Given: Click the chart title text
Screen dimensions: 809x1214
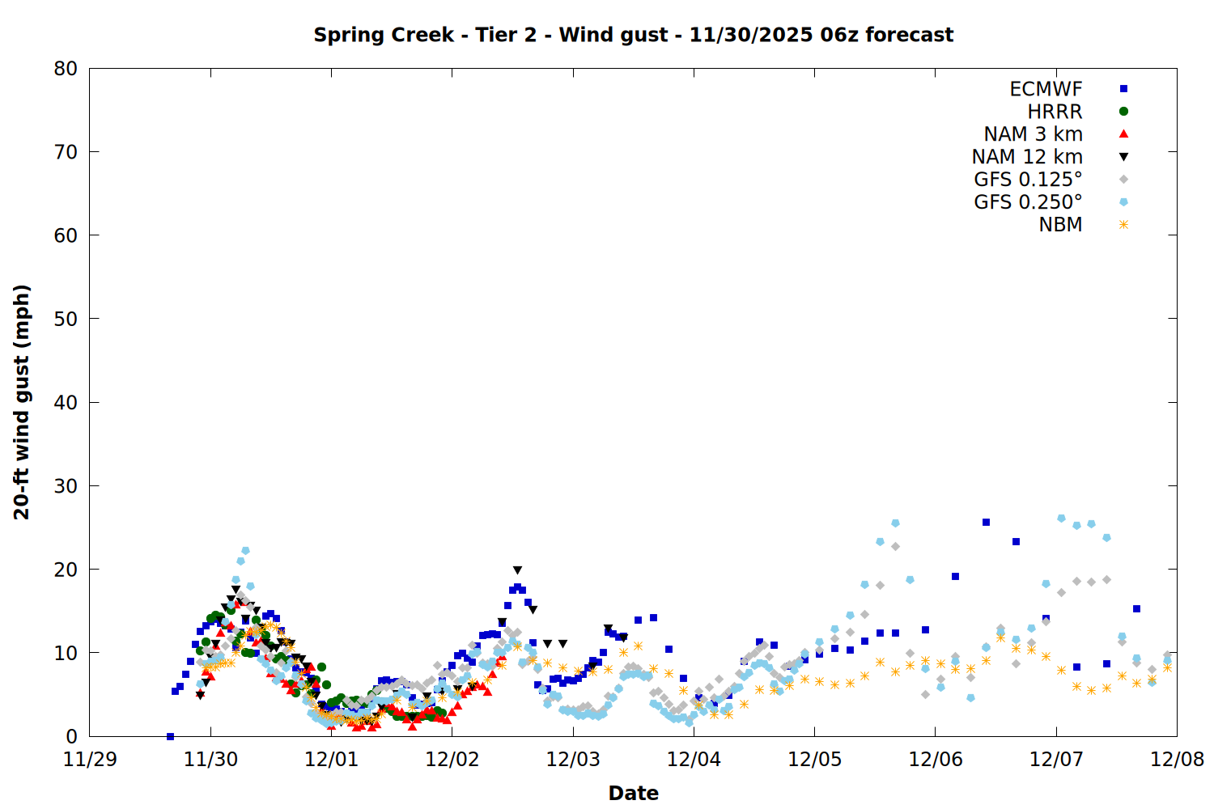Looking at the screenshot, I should [633, 35].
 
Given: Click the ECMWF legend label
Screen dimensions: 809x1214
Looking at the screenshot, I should [1046, 89].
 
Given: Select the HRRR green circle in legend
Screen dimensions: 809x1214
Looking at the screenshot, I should [1123, 112].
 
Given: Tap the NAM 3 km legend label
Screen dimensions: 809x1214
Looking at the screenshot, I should [1033, 134].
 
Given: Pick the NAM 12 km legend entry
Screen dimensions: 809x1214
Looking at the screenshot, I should [1027, 157].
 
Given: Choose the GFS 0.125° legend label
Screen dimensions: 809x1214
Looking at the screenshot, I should [1028, 180].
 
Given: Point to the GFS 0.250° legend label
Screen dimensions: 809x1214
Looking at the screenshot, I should [1028, 202].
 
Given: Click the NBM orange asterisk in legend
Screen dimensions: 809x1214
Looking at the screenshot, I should [1123, 225].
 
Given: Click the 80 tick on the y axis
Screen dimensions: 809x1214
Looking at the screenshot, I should [66, 69].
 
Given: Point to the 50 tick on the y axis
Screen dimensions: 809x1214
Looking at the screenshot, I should [66, 319].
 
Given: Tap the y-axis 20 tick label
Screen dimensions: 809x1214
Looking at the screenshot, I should [66, 570].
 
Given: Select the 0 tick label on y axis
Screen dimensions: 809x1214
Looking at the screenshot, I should [72, 736].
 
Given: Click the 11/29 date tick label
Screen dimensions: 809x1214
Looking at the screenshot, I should [89, 760].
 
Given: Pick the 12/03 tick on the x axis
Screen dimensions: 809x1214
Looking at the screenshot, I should [573, 760].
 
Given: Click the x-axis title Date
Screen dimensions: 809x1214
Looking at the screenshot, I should [633, 793].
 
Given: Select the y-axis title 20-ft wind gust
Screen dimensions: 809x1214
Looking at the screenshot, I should [22, 402].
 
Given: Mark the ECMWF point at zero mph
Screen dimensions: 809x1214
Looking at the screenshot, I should [170, 736].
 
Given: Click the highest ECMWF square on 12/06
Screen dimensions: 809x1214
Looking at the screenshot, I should [986, 523].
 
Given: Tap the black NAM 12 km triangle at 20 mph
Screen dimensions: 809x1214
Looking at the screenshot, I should [517, 570].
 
